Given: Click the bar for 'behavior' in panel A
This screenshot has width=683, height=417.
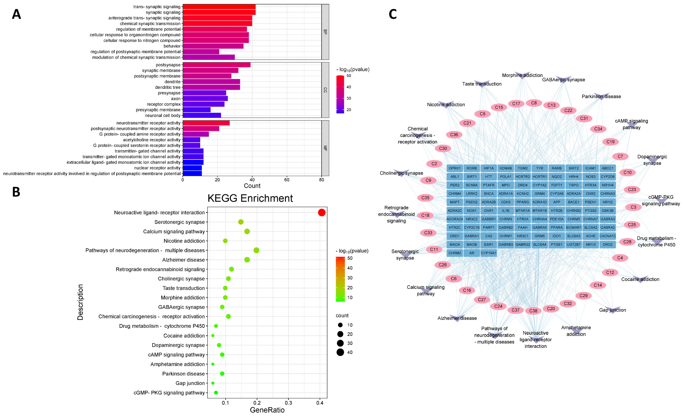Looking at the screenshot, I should [x=213, y=46].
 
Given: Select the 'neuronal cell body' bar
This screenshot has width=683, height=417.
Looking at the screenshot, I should [x=202, y=115].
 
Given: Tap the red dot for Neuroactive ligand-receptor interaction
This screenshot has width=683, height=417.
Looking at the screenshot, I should [x=322, y=212].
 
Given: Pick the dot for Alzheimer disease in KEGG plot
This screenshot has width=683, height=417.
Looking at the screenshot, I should [x=247, y=260].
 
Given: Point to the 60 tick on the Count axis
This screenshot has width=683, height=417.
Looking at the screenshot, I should [x=287, y=180].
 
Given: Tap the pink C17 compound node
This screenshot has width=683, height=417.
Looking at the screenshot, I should [x=516, y=104].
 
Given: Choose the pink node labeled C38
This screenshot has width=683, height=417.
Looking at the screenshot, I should [x=533, y=311].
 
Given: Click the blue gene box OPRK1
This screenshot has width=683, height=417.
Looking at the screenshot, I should [x=455, y=168].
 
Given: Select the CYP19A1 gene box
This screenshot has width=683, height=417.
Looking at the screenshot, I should [x=489, y=253].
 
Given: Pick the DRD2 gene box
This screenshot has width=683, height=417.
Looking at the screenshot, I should [x=608, y=244].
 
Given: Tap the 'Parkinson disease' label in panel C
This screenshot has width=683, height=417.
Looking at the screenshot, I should [x=601, y=96].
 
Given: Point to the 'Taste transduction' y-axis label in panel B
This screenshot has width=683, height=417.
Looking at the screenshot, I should [x=183, y=288].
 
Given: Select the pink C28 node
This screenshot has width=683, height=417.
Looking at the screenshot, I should [x=627, y=242].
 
